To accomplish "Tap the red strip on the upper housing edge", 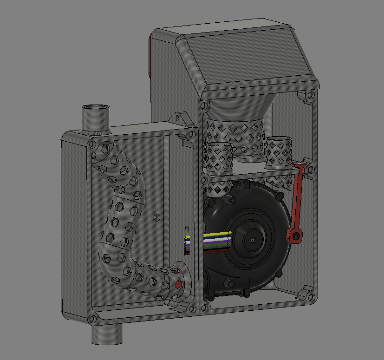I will click(150, 56).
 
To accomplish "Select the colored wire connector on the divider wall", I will click(187, 245).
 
